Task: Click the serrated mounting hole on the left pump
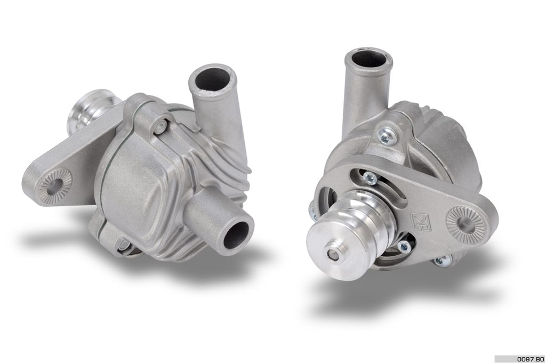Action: coord(55,185)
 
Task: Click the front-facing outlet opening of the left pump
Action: coord(236,234)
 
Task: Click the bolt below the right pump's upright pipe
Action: coord(387,136)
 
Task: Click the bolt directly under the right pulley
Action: coord(404,246)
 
